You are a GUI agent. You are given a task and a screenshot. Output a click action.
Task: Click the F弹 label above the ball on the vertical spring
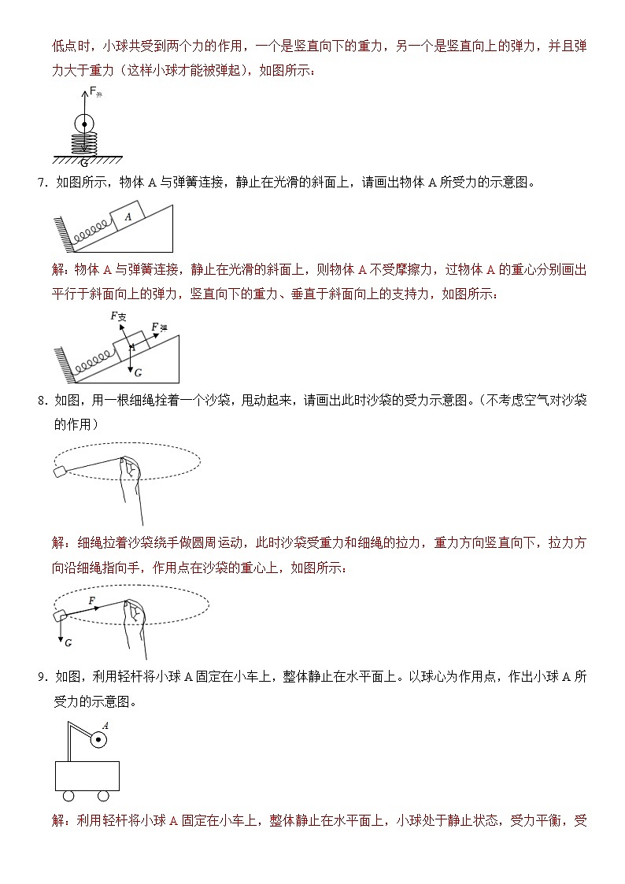[95, 92]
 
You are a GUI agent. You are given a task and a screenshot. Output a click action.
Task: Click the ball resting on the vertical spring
[83, 124]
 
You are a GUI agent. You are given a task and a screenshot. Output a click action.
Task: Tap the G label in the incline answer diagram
[138, 372]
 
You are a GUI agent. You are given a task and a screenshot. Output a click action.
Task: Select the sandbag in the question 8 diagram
[59, 472]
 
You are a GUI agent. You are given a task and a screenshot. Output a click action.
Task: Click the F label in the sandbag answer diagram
[92, 601]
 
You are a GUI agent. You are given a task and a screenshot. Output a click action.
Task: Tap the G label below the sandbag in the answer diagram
[68, 643]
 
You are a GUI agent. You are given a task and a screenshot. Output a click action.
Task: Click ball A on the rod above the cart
[98, 739]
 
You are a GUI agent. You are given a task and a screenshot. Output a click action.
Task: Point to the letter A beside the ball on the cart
[105, 726]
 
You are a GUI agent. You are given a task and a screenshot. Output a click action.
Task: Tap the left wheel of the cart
[68, 796]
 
